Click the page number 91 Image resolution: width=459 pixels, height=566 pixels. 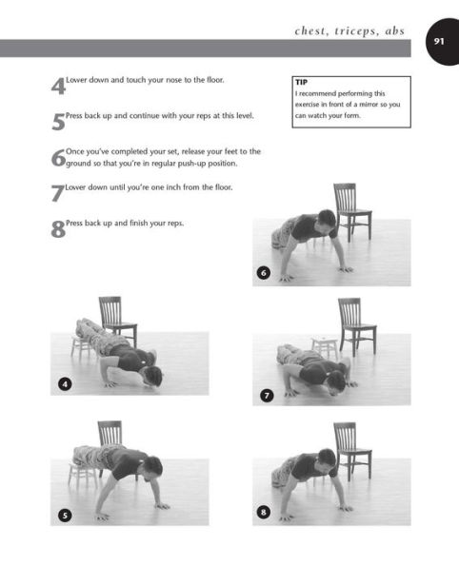pyautogui.click(x=439, y=42)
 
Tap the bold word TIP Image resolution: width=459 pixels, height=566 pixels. pyautogui.click(x=301, y=83)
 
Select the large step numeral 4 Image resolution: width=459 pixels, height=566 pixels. pyautogui.click(x=58, y=87)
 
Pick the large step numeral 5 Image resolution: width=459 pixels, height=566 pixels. pyautogui.click(x=58, y=122)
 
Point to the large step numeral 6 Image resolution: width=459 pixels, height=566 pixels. pyautogui.click(x=58, y=158)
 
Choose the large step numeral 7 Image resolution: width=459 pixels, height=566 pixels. pyautogui.click(x=57, y=193)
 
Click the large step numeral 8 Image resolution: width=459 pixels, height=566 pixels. pyautogui.click(x=58, y=229)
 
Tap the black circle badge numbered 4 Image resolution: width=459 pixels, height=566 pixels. pyautogui.click(x=65, y=383)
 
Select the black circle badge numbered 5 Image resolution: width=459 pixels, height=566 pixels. pyautogui.click(x=65, y=515)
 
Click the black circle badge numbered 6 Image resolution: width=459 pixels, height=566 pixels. pyautogui.click(x=264, y=272)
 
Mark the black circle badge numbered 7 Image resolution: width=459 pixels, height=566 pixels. pyautogui.click(x=267, y=396)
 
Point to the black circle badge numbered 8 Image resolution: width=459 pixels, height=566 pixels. pyautogui.click(x=264, y=512)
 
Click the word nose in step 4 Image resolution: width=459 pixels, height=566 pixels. pyautogui.click(x=174, y=80)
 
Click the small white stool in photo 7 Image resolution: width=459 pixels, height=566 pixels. pyautogui.click(x=324, y=347)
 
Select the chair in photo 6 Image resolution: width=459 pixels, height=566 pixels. pyautogui.click(x=352, y=212)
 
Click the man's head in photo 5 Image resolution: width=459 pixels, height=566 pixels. pyautogui.click(x=154, y=468)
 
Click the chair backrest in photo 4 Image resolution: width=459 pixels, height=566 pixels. pyautogui.click(x=110, y=310)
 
